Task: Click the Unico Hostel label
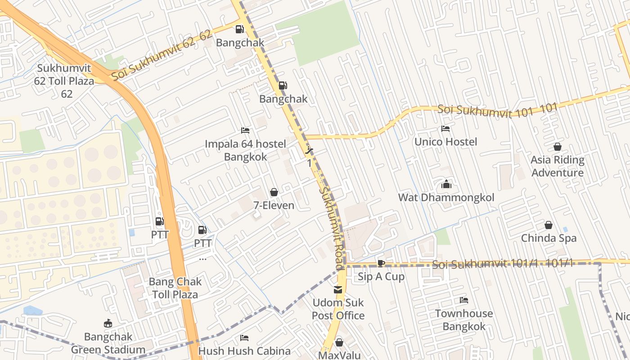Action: point(445,142)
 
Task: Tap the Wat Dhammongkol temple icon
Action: point(446,184)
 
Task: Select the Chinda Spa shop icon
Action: point(549,225)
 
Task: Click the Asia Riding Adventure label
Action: point(558,166)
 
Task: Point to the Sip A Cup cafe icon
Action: point(381,264)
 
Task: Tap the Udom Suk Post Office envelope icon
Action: point(338,289)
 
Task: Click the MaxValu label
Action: point(339,355)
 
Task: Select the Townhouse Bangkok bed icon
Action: point(464,300)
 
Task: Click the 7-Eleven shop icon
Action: point(274,193)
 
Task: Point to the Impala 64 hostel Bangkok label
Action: point(245,150)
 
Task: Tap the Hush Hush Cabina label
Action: point(244,351)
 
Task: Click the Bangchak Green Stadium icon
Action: point(108,324)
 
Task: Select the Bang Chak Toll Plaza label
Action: point(175,288)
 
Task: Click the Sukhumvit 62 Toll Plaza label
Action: point(64,81)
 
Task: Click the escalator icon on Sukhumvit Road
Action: point(309,150)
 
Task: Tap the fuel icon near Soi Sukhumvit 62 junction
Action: point(240,29)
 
